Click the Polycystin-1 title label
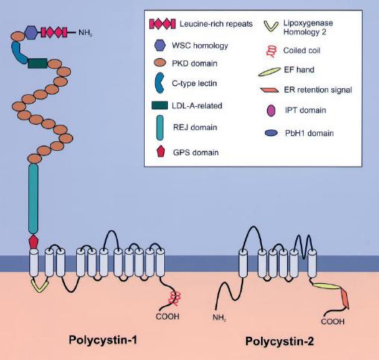[x=103, y=340]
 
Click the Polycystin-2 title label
[x=280, y=341]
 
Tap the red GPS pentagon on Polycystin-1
[x=34, y=241]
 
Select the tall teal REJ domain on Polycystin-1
[x=33, y=199]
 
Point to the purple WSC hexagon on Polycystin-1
[x=31, y=32]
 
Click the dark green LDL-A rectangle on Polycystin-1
[x=37, y=63]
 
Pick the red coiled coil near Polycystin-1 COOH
[x=175, y=298]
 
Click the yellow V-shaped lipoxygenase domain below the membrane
[x=40, y=285]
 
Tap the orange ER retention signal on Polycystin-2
[x=345, y=299]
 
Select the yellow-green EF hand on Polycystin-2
[x=327, y=286]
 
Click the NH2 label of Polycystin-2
[x=219, y=317]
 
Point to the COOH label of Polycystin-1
[x=167, y=317]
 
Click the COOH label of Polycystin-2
[x=333, y=321]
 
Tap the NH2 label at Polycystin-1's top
[x=85, y=33]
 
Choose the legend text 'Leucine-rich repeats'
[x=216, y=24]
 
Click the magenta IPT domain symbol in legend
[x=271, y=111]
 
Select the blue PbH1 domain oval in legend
[x=271, y=133]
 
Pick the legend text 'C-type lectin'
[x=194, y=83]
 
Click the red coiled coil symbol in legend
[x=271, y=52]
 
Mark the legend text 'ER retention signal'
[x=318, y=90]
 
